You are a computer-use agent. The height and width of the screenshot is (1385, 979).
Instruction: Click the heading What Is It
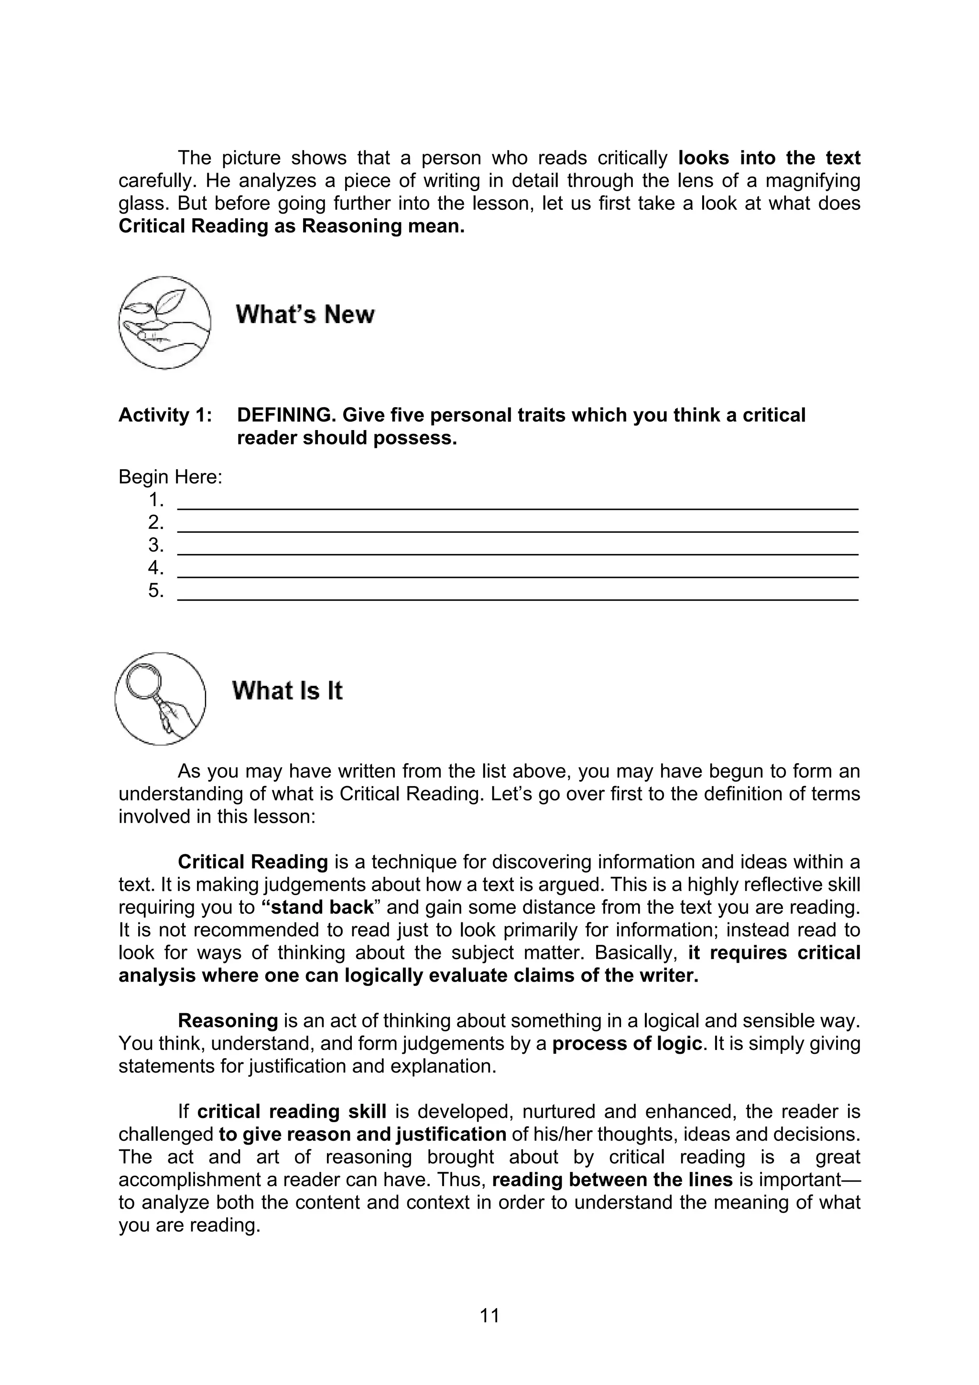coord(287,691)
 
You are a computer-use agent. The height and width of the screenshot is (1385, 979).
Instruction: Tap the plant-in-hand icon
coord(164,323)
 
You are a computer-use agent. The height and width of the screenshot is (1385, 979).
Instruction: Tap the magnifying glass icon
coord(160,699)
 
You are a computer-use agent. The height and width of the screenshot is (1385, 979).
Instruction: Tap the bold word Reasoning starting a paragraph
coord(228,1021)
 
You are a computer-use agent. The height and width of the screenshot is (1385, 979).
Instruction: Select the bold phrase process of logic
coord(627,1044)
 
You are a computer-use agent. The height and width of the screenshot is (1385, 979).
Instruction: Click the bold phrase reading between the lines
coord(612,1179)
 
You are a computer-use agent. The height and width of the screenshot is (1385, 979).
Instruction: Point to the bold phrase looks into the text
coord(769,158)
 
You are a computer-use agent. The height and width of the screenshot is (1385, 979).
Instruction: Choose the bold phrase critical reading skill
coord(291,1111)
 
